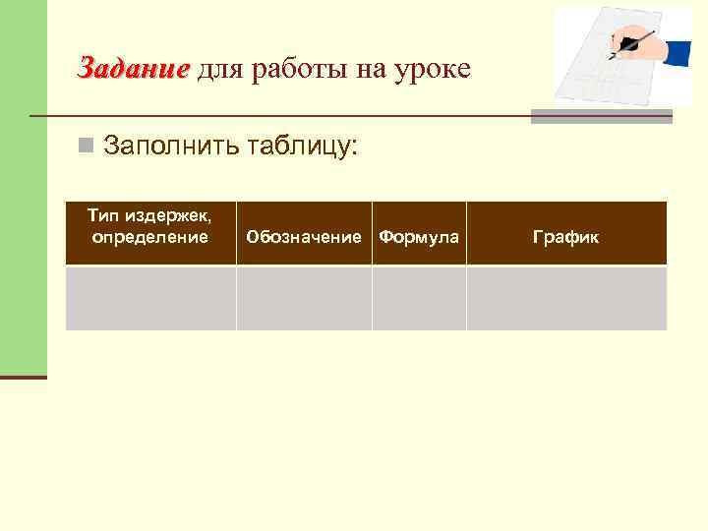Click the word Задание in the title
134,69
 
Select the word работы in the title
299,70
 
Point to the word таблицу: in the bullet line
301,147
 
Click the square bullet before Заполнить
88,147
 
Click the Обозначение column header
304,237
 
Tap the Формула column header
419,237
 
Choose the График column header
565,237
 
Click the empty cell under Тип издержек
149,298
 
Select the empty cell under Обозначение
304,298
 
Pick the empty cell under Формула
419,298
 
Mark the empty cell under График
565,298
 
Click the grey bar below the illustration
601,117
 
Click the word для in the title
218,70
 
